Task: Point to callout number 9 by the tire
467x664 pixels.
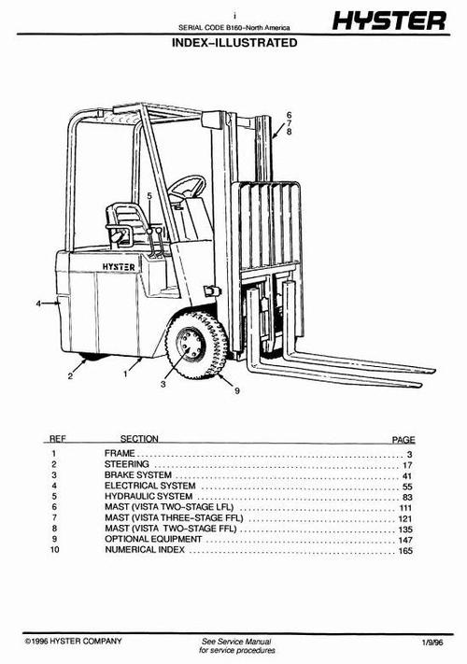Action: pos(237,390)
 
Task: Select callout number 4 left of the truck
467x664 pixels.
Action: pos(39,304)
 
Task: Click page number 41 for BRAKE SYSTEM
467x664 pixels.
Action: pos(407,474)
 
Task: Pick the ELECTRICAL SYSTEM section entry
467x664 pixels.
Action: pos(150,486)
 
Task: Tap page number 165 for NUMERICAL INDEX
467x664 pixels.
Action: pos(405,551)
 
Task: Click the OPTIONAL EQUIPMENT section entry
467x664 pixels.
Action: pos(153,540)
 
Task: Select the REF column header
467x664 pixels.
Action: pos(57,438)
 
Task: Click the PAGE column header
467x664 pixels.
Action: pos(403,438)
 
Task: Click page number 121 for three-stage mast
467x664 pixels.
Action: pos(405,518)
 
